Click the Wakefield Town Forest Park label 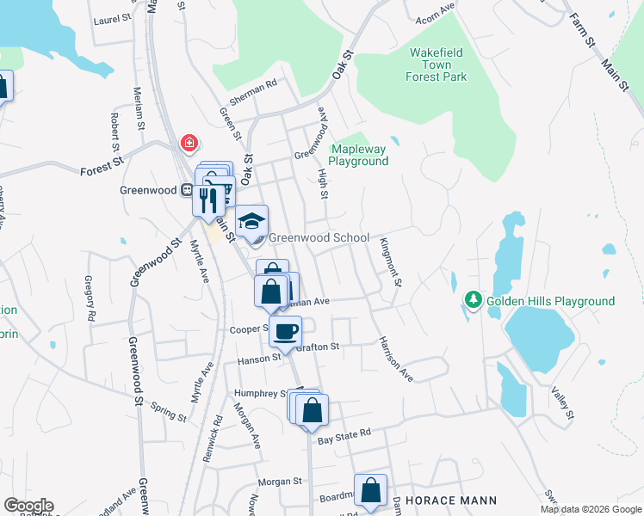tap(437, 64)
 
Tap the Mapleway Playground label tap(359, 155)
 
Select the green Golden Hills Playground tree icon tap(473, 300)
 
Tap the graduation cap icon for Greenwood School tap(252, 223)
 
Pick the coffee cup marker tap(285, 330)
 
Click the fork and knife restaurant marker tap(207, 200)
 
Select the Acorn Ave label tap(435, 10)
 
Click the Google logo tap(28, 506)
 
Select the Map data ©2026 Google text tap(590, 509)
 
